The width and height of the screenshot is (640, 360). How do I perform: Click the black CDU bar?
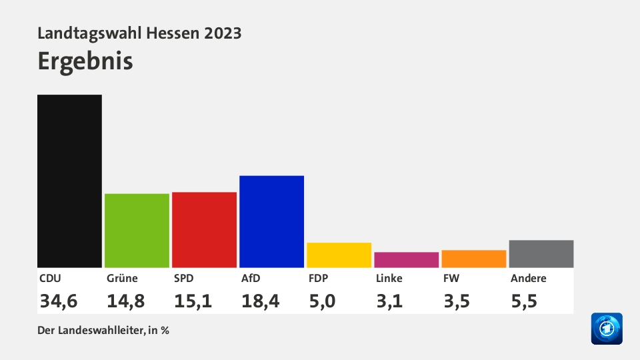click(x=69, y=181)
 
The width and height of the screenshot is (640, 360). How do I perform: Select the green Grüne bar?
click(x=137, y=230)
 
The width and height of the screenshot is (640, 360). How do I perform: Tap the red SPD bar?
click(x=204, y=229)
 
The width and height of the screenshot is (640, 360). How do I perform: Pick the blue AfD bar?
click(x=271, y=221)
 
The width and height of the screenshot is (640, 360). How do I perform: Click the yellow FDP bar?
click(x=339, y=255)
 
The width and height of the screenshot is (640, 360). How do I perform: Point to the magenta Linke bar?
click(x=406, y=259)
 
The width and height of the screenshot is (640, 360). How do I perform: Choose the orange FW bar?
click(x=473, y=259)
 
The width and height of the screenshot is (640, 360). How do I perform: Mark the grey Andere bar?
click(x=541, y=253)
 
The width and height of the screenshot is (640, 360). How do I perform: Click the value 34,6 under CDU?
click(x=59, y=301)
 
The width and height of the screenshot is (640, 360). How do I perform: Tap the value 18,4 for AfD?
click(x=260, y=301)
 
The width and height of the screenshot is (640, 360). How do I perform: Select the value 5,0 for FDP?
click(x=322, y=301)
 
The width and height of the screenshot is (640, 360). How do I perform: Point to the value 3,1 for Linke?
click(x=389, y=301)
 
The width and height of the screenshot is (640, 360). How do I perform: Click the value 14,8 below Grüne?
click(x=126, y=301)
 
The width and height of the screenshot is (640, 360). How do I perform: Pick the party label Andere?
click(x=528, y=279)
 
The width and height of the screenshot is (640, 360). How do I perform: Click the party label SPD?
click(x=184, y=279)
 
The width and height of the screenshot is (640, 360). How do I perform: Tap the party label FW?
click(x=451, y=279)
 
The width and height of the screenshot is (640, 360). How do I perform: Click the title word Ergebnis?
click(x=85, y=61)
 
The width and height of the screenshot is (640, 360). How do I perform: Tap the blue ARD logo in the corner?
click(x=606, y=329)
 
